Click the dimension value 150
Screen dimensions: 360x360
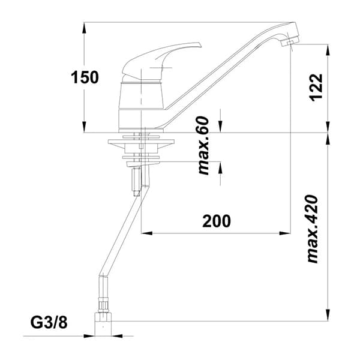pos(85,77)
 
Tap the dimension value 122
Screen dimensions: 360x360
pos(316,88)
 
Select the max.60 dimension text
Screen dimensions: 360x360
pos(203,146)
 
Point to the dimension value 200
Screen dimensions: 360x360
pos(216,221)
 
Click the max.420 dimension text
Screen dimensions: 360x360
pos(313,229)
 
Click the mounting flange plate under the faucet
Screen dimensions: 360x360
pos(142,143)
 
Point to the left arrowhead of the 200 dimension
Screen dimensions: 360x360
pos(145,232)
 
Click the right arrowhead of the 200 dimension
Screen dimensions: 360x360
pos(286,232)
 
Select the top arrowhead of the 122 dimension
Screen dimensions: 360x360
pos(328,49)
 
